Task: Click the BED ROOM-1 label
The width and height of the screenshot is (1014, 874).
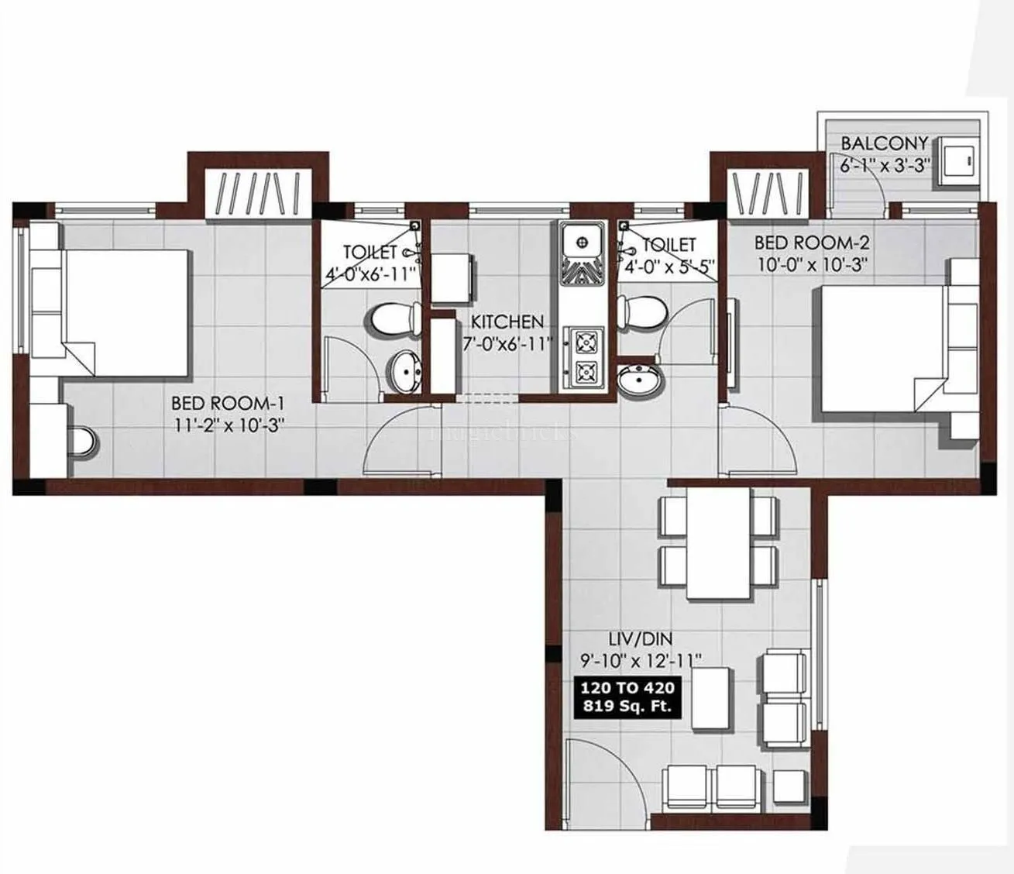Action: [229, 403]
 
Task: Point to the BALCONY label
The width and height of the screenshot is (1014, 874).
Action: [884, 143]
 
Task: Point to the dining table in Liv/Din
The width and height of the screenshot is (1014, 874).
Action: [720, 543]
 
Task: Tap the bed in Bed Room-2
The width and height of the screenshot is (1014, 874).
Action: [879, 353]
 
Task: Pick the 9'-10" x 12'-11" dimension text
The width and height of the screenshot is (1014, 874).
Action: [640, 660]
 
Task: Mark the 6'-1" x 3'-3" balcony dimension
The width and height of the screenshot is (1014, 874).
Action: [884, 165]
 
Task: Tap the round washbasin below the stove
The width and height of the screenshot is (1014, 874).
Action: [640, 381]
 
